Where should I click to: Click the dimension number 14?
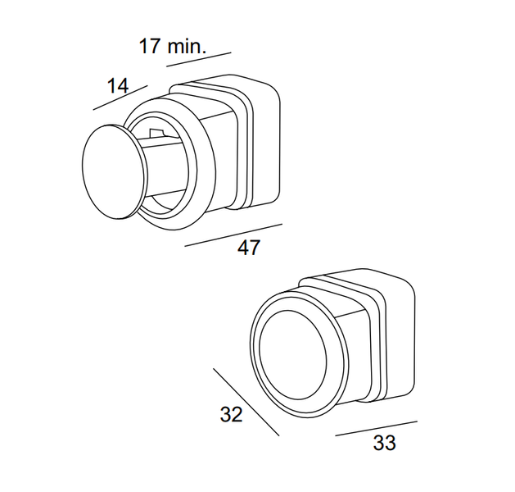(118, 86)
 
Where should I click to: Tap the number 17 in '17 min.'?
(150, 46)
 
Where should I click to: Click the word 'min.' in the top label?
(187, 46)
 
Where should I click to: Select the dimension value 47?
(249, 248)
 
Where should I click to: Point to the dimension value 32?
(231, 414)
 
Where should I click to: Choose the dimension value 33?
(384, 442)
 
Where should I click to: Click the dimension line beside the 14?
(120, 98)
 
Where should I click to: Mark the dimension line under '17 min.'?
(199, 60)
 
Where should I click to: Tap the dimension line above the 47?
(233, 235)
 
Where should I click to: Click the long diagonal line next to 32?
(246, 403)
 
